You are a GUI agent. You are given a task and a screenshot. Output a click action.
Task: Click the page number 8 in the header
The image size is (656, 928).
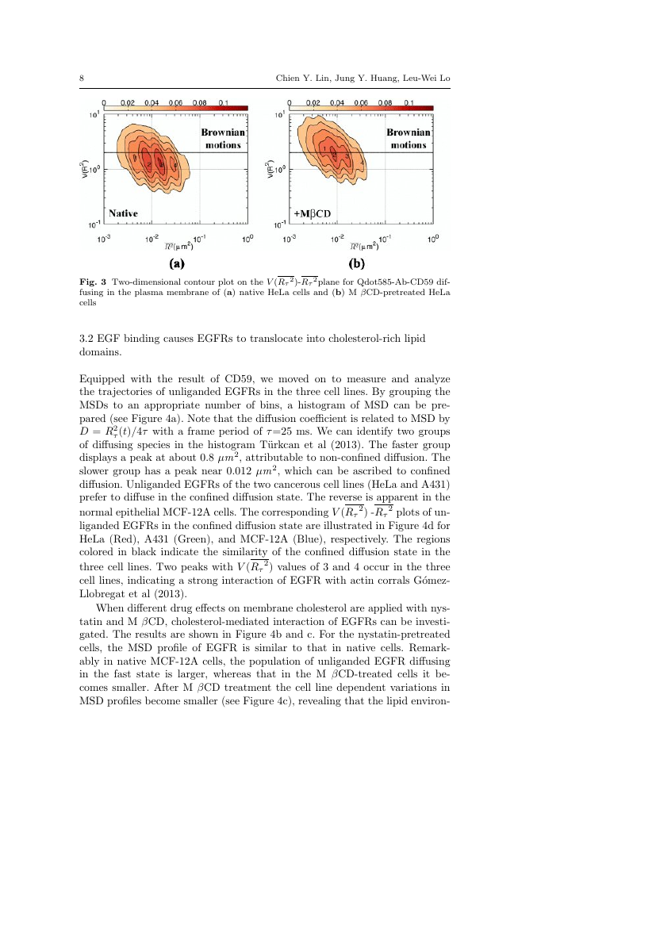click(x=82, y=78)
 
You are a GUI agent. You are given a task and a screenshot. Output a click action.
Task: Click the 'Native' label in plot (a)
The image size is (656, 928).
click(x=124, y=213)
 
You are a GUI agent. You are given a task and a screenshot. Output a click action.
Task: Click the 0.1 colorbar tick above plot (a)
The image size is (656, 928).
click(x=224, y=102)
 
